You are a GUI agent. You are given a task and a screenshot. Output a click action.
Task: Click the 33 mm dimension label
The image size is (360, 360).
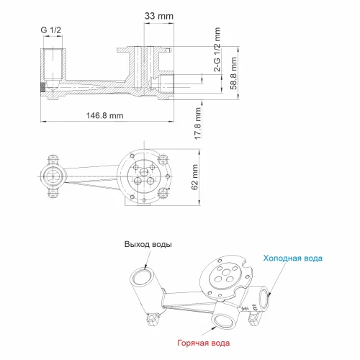click(158, 16)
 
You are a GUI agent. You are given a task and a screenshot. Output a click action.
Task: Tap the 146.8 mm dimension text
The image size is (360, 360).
click(105, 115)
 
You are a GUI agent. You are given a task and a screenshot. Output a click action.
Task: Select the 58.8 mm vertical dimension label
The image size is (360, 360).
click(233, 73)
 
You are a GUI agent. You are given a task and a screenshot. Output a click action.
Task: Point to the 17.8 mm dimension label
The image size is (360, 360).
click(197, 123)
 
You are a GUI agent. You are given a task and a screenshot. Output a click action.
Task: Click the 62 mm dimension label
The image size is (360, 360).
click(194, 177)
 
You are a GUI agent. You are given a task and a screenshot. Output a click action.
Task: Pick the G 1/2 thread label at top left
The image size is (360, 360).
click(51, 30)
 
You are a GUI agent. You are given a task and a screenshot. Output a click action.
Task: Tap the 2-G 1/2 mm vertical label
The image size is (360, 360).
click(217, 49)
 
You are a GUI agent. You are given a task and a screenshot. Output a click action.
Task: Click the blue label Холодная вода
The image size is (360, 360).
click(293, 258)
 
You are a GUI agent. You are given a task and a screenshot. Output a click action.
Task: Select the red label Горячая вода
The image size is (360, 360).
click(204, 343)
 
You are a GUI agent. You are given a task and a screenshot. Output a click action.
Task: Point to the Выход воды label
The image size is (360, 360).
click(148, 244)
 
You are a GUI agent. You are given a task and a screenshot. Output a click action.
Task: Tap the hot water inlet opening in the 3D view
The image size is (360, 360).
click(222, 321)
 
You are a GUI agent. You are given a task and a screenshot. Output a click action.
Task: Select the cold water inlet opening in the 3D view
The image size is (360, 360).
click(265, 299)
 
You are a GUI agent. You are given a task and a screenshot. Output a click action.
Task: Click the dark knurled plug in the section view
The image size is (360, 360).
click(42, 87)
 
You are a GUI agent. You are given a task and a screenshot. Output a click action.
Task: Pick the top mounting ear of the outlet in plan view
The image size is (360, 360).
click(53, 159)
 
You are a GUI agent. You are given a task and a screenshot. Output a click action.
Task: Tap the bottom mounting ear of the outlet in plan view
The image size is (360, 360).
click(53, 193)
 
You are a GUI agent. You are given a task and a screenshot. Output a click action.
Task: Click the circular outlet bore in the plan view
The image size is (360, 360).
click(53, 176)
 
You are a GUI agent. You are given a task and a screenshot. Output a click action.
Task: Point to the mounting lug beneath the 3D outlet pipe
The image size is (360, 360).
click(153, 319)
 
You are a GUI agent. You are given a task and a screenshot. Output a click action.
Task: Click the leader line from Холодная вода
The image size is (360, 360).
click(277, 279)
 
